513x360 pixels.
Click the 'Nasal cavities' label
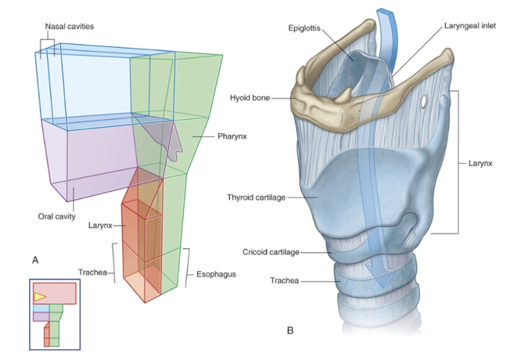(x=69, y=27)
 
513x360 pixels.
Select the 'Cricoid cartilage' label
(x=271, y=252)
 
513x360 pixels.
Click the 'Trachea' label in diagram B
(x=284, y=281)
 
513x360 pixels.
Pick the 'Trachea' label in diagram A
(x=92, y=271)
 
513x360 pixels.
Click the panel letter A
(x=36, y=260)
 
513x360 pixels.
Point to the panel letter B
(x=290, y=330)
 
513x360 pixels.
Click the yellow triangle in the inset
(x=40, y=296)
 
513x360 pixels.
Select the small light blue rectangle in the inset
(x=41, y=308)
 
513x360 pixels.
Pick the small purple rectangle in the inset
(x=41, y=316)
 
